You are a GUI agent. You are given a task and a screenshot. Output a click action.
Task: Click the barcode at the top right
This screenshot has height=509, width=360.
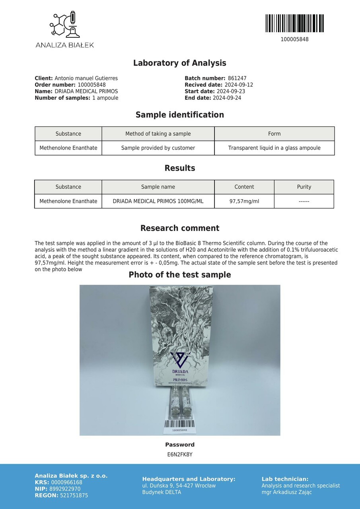pos(294,23)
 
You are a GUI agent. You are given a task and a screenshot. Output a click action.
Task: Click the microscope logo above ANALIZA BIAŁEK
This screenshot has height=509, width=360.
pos(64,25)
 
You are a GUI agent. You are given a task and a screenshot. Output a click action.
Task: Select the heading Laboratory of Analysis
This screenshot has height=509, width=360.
pos(179,63)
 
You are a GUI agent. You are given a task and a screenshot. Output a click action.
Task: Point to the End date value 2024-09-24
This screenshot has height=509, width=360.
pos(227,98)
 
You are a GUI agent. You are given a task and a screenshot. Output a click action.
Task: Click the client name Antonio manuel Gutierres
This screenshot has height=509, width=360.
pos(86,78)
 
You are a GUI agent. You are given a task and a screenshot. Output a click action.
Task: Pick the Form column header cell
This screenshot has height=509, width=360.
pos(274,134)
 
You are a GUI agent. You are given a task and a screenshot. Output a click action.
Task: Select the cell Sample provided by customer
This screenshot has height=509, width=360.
pos(158,148)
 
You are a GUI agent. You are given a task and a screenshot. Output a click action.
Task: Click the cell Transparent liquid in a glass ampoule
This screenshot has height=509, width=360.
pos(274,148)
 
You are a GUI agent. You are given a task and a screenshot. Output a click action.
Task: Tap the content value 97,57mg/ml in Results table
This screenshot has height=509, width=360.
pos(244,201)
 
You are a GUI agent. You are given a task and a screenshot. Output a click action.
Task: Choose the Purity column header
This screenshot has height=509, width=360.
pos(304,187)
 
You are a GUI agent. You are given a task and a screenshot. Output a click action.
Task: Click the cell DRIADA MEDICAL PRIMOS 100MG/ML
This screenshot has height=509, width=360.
pos(158,201)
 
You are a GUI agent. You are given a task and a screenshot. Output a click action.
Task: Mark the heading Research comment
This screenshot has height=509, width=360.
pos(180,228)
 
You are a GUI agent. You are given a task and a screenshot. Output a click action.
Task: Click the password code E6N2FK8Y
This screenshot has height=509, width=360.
pos(180,454)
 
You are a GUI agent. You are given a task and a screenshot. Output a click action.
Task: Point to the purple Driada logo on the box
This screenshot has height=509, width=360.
pos(180,360)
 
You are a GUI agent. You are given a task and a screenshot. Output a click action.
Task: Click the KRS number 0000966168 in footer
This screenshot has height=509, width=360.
pos(66,482)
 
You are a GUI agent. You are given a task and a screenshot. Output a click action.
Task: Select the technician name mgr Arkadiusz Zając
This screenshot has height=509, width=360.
pos(286,492)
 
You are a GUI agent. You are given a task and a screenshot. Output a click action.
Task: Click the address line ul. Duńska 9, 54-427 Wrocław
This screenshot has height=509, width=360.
pos(179,486)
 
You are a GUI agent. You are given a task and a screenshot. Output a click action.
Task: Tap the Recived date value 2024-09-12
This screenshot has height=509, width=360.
pos(239,85)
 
